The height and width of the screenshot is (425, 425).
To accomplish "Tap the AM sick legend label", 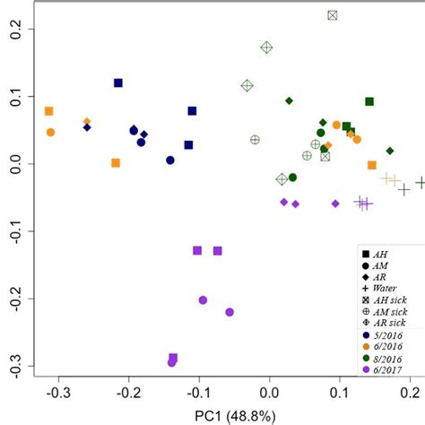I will tap(386, 308).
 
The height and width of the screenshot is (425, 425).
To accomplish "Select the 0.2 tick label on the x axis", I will tap(410, 393).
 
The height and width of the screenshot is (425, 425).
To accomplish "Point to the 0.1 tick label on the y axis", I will tap(15, 97).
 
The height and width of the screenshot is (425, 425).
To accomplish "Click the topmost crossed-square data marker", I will tap(332, 15).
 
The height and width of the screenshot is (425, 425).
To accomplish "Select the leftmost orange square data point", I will tap(48, 111).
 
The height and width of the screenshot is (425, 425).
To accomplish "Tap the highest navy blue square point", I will tap(117, 83).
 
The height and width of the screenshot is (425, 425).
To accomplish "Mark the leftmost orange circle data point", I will tap(50, 132).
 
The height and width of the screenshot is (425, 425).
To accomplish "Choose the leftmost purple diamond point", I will tap(283, 202).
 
